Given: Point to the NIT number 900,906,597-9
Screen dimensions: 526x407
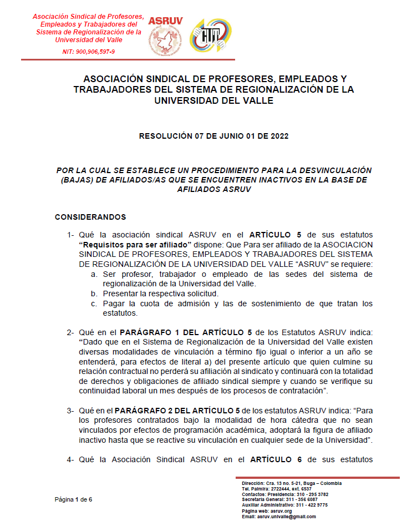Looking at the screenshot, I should pyautogui.click(x=89, y=52).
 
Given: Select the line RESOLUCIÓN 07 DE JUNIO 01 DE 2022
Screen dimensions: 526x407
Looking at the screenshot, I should pyautogui.click(x=213, y=135).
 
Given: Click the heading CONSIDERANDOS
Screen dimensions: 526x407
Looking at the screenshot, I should pyautogui.click(x=90, y=217).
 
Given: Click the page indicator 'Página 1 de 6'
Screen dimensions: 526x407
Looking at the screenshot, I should pyautogui.click(x=73, y=499).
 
